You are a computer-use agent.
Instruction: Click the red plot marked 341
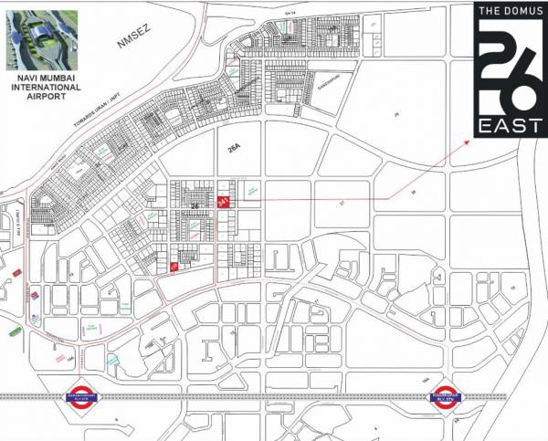(x=224, y=203)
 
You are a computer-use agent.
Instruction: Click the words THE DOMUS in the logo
(x=501, y=11)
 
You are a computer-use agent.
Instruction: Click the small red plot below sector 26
(x=174, y=266)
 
